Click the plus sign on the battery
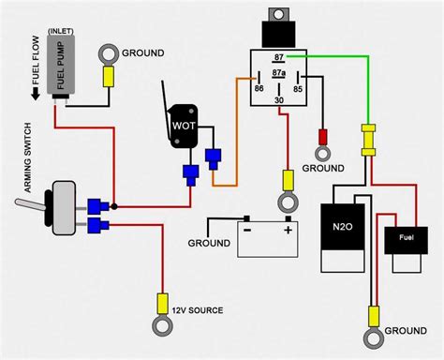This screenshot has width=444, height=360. pos(288,228)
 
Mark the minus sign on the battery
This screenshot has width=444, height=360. pos(247,228)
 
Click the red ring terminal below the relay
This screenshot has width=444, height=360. pos(321,150)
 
